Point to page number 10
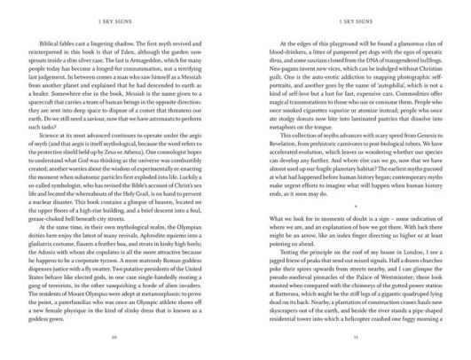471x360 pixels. (118, 350)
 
